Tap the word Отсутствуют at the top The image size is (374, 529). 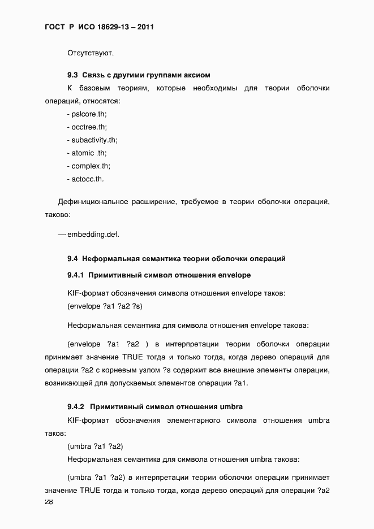91,54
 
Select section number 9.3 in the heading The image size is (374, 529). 72,75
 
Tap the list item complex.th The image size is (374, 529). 90,166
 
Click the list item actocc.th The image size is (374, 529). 87,179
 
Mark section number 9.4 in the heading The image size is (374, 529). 72,259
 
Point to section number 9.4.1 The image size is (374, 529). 75,275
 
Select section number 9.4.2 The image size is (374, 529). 75,406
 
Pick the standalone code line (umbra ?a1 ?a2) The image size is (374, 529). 95,446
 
